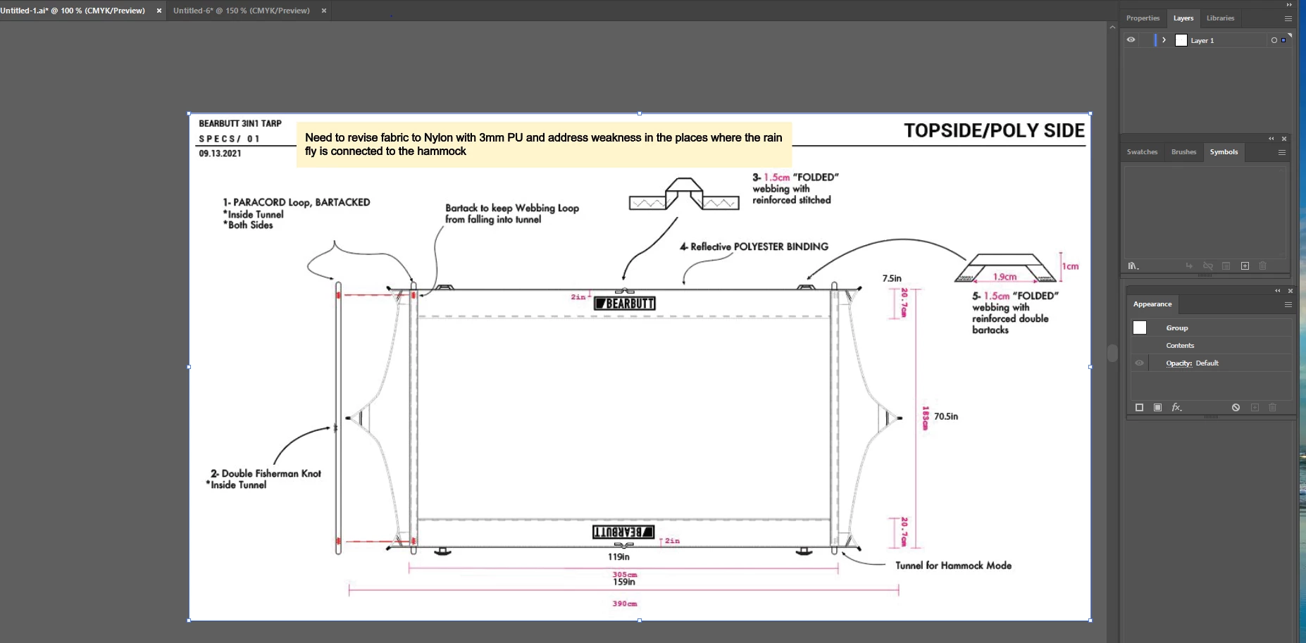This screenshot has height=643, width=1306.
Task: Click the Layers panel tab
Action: pyautogui.click(x=1183, y=18)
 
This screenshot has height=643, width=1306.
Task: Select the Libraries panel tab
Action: pyautogui.click(x=1220, y=18)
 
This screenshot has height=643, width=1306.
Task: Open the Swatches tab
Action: pyautogui.click(x=1142, y=152)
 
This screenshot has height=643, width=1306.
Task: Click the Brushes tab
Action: pyautogui.click(x=1183, y=152)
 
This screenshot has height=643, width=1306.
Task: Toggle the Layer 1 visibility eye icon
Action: pyautogui.click(x=1131, y=40)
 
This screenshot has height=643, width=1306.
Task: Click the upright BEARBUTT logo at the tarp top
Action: pyautogui.click(x=625, y=304)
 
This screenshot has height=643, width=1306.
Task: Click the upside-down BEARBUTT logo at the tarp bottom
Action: pyautogui.click(x=623, y=532)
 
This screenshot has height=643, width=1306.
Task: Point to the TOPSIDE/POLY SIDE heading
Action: pyautogui.click(x=994, y=131)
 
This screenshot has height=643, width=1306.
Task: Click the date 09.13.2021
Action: pyautogui.click(x=220, y=154)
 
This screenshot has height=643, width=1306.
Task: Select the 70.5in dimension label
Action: pyautogui.click(x=946, y=416)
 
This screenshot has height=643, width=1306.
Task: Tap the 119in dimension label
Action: pyautogui.click(x=618, y=557)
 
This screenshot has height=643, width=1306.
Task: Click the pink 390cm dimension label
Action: pyautogui.click(x=625, y=604)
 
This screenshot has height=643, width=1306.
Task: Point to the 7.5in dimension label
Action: pyautogui.click(x=892, y=278)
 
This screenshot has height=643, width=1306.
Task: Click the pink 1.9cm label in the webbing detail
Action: pyautogui.click(x=1005, y=277)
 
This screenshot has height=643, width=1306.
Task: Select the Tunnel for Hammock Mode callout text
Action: pyautogui.click(x=953, y=566)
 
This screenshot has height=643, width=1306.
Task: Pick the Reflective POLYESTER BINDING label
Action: pyautogui.click(x=754, y=246)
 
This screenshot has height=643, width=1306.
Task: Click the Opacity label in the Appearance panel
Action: pyautogui.click(x=1178, y=363)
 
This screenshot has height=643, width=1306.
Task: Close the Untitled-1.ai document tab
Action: pyautogui.click(x=159, y=11)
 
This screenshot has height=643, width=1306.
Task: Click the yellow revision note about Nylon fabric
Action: pyautogui.click(x=543, y=144)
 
